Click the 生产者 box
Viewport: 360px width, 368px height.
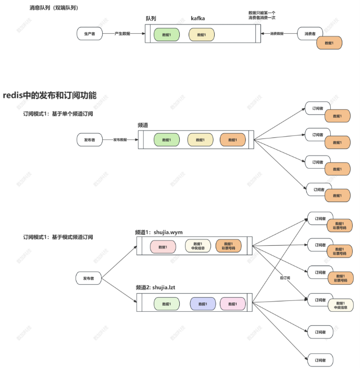pos(89,34)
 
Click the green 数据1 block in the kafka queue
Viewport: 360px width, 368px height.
pos(166,35)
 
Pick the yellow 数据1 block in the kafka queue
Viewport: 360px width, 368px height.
pos(201,35)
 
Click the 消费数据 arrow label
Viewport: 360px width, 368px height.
pos(277,34)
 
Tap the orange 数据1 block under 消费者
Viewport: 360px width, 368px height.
pos(328,43)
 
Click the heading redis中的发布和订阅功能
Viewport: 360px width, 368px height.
pos(49,95)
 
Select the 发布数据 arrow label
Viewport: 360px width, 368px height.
pos(120,140)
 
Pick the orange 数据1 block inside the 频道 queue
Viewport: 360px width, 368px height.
pos(232,140)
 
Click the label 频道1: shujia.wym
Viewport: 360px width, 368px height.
pos(159,232)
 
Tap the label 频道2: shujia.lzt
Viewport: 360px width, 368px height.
pos(157,287)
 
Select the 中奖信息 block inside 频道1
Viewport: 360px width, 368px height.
pos(197,246)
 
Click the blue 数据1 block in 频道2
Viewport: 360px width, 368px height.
pos(202,304)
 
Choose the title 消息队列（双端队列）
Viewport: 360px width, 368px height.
pos(58,8)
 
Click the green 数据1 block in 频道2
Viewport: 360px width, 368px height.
pos(166,304)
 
